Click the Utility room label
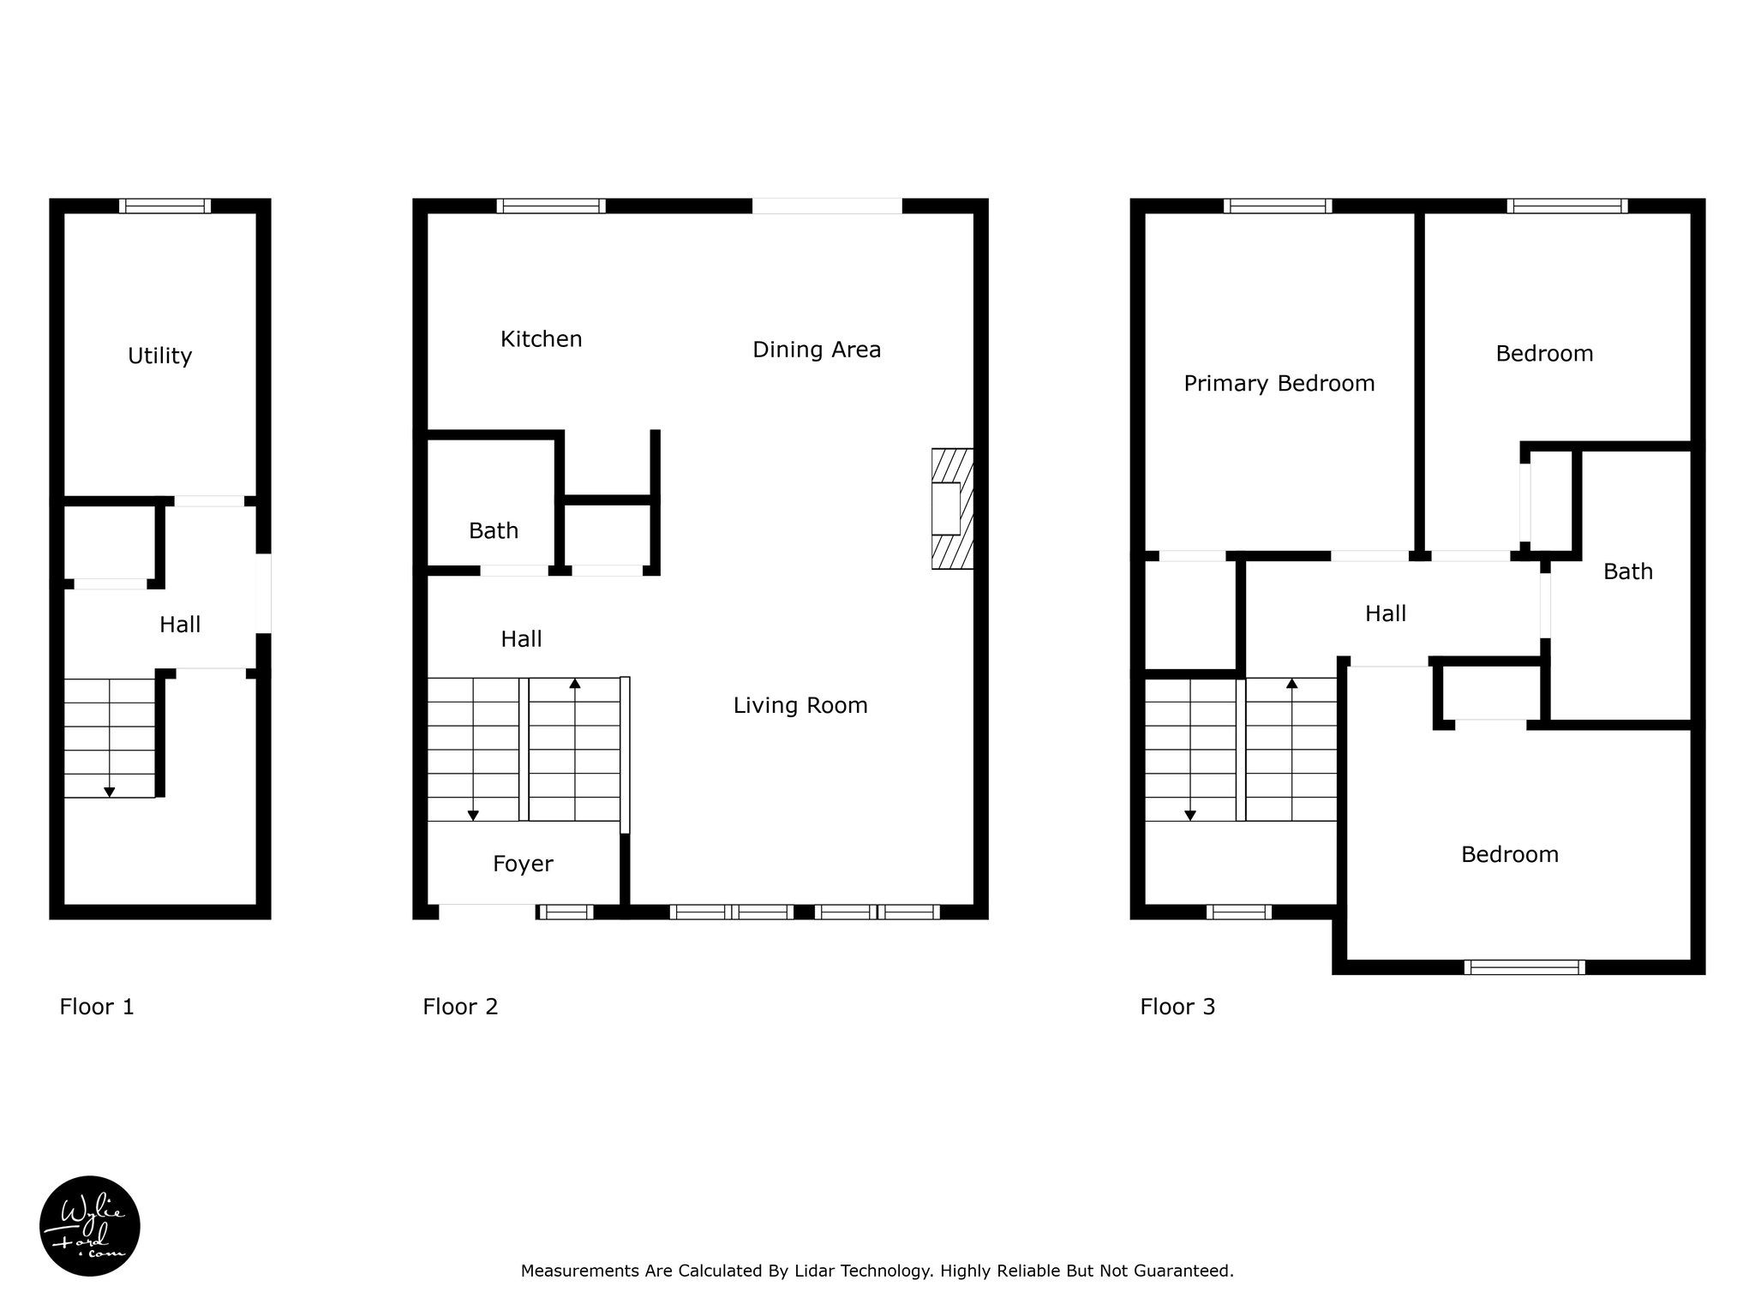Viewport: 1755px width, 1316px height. click(159, 356)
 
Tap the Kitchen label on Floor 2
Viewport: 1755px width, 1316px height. click(541, 339)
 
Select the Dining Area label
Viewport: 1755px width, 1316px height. click(817, 350)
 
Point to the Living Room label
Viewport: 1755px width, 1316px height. click(800, 706)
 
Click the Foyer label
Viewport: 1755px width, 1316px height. click(523, 864)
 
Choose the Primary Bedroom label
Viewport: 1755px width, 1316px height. click(1279, 384)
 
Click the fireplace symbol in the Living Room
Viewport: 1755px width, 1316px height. click(953, 509)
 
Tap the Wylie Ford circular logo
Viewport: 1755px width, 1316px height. click(90, 1226)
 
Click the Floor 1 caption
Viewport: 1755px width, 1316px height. click(97, 1007)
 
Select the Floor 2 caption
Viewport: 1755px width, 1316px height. click(460, 1007)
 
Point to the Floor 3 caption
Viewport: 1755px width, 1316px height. click(1177, 1007)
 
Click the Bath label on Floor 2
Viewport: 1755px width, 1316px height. click(494, 531)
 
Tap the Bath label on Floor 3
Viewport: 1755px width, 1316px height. click(1628, 572)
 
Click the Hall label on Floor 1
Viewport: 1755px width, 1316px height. click(180, 625)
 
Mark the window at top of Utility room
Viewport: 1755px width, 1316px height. click(165, 206)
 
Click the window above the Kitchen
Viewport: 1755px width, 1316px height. click(551, 206)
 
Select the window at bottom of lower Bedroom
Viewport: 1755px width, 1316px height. click(1524, 967)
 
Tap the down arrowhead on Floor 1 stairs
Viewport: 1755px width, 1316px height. click(110, 793)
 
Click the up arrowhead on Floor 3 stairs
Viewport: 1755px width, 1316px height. click(1291, 683)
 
